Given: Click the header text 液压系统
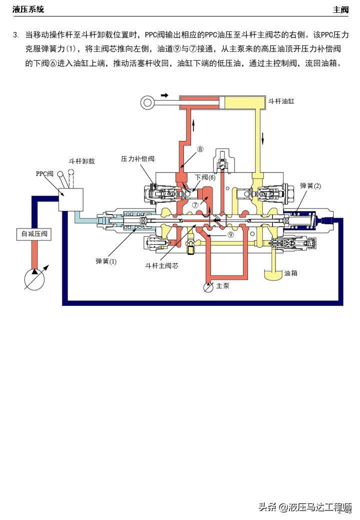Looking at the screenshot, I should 28,9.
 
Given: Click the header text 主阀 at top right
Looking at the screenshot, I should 341,9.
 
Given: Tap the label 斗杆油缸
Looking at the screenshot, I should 281,101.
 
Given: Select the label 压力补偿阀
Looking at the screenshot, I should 137,158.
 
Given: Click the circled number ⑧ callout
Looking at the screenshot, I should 200,149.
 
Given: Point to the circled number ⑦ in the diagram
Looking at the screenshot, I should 195,205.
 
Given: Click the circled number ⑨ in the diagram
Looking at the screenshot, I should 230,234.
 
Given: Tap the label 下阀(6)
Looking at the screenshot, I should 205,177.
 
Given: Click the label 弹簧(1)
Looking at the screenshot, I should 106,261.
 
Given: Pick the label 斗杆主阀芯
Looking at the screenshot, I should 161,265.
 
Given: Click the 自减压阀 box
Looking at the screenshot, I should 33,233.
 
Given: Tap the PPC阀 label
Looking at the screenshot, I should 44,174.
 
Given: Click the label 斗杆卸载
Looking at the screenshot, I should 81,161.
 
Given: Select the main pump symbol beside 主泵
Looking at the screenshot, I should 208,286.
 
